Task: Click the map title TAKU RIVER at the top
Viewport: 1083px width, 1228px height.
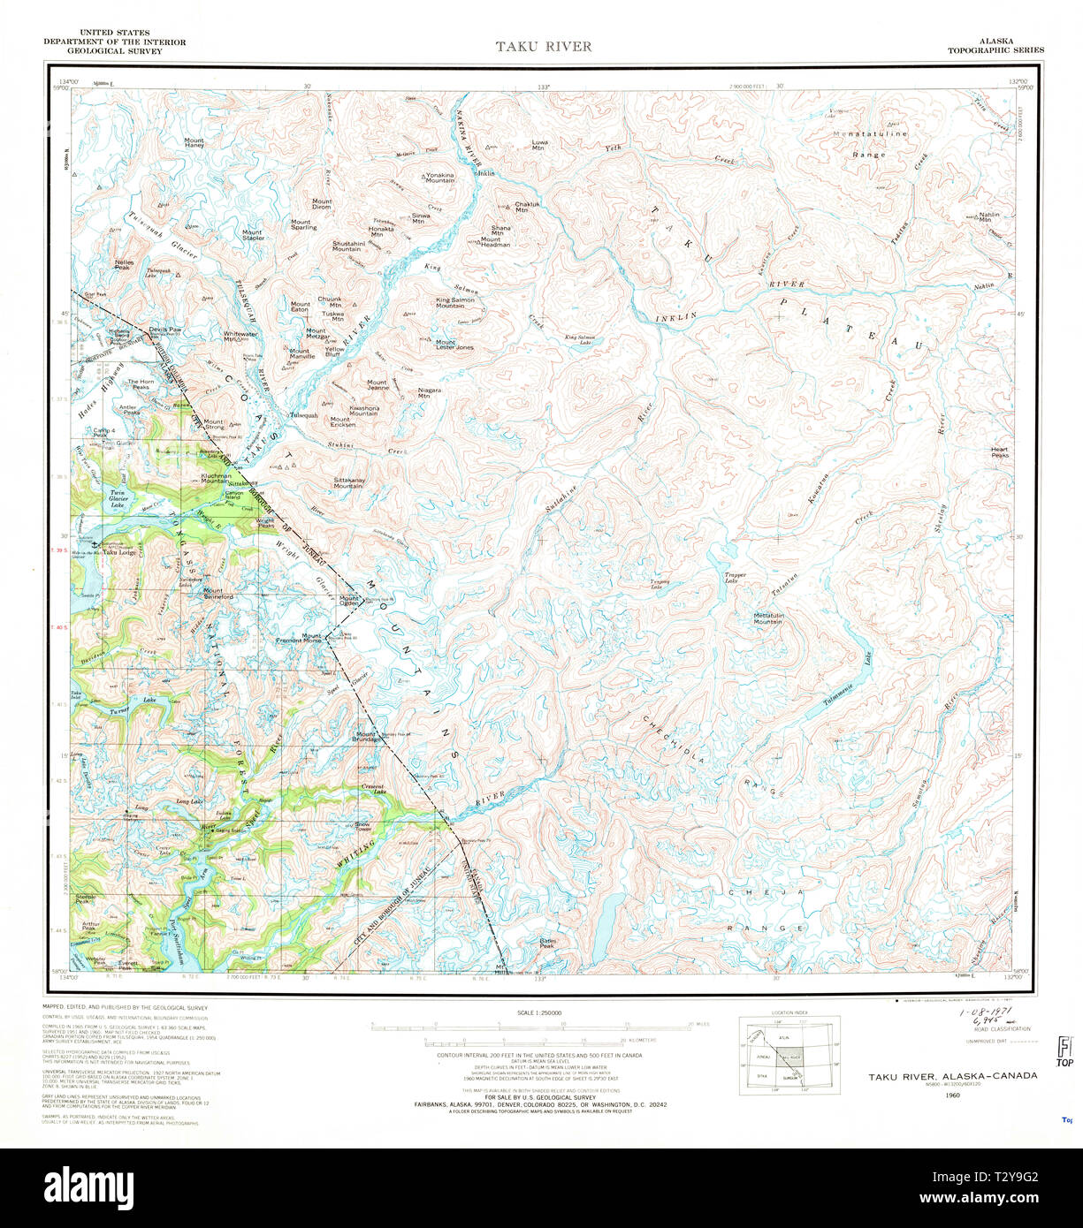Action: (543, 46)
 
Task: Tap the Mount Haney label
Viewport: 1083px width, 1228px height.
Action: (194, 143)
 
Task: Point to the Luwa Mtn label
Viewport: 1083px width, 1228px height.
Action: (539, 145)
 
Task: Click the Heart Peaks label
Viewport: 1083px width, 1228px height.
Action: (1000, 451)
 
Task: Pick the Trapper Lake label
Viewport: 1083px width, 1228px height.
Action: (736, 578)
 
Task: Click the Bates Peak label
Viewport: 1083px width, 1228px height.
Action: (547, 944)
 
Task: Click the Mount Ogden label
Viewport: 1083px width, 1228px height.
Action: (349, 601)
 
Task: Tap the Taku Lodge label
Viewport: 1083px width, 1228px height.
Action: (120, 554)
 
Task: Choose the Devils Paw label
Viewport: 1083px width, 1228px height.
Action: (165, 330)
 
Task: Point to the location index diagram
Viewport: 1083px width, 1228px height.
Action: (789, 1056)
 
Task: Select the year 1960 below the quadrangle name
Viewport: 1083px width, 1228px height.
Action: (952, 1095)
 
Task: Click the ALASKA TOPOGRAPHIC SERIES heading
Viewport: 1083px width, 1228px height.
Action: (995, 46)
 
